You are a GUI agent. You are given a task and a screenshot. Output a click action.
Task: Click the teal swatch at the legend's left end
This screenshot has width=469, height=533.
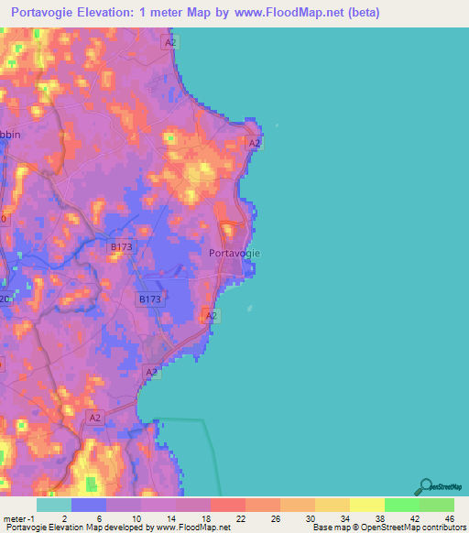tap(53, 505)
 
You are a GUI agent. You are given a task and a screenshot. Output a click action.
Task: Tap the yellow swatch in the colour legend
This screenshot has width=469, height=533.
tap(366, 505)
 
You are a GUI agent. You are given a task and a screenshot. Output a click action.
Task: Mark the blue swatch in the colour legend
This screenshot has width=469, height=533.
tap(89, 505)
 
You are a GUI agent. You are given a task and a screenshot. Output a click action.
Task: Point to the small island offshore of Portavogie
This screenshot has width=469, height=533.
tap(249, 309)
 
